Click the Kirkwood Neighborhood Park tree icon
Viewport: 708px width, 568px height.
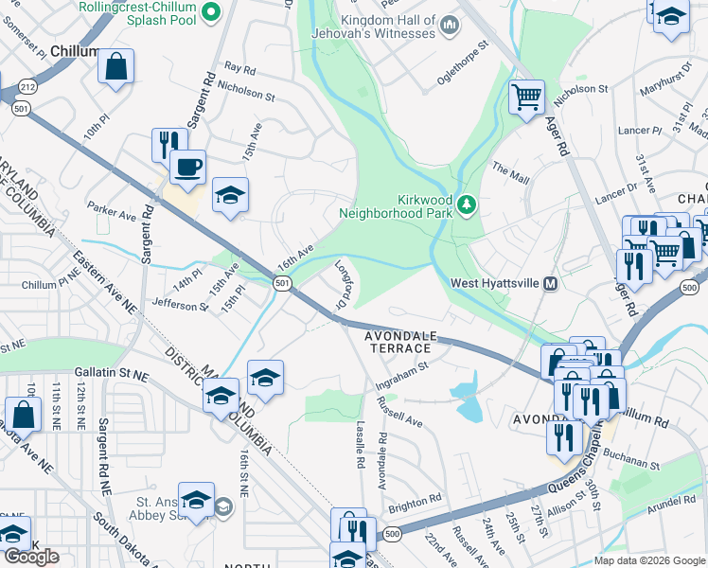(x=466, y=204)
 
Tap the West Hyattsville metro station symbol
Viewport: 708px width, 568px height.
(x=549, y=283)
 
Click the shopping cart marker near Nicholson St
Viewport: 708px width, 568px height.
(x=525, y=96)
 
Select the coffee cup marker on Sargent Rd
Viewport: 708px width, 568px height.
(x=186, y=167)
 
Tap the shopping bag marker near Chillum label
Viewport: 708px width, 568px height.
(x=115, y=65)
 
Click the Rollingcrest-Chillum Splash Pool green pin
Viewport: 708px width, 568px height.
(x=212, y=12)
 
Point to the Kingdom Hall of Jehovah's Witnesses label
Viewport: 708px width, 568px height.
(x=375, y=27)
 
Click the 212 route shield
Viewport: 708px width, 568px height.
(x=22, y=86)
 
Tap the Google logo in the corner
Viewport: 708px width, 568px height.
(x=31, y=557)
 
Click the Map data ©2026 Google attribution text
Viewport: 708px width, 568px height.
(x=648, y=560)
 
